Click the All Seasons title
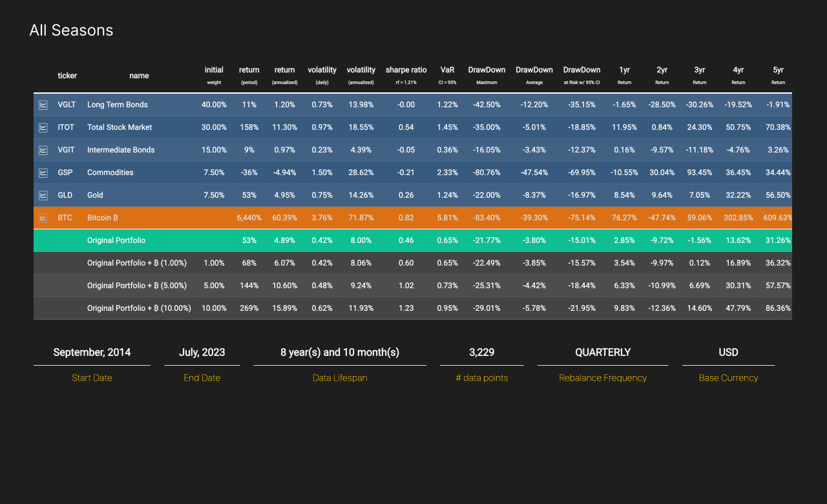[x=71, y=30]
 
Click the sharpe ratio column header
[x=406, y=70]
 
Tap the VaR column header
[x=448, y=70]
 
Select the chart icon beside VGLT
[x=43, y=105]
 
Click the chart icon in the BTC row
[x=43, y=218]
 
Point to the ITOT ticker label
[x=65, y=127]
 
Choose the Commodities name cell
[x=110, y=173]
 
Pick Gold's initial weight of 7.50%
[x=214, y=195]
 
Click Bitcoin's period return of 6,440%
[x=249, y=218]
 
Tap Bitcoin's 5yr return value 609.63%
[x=777, y=218]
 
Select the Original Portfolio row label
[x=116, y=240]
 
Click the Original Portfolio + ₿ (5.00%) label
[x=137, y=286]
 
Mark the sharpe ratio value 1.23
[x=406, y=308]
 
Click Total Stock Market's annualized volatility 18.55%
[x=361, y=127]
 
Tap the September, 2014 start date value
[x=92, y=352]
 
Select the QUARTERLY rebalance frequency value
[x=603, y=352]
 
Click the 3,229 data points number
[x=481, y=352]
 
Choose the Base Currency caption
[x=728, y=378]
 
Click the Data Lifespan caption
[x=340, y=378]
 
